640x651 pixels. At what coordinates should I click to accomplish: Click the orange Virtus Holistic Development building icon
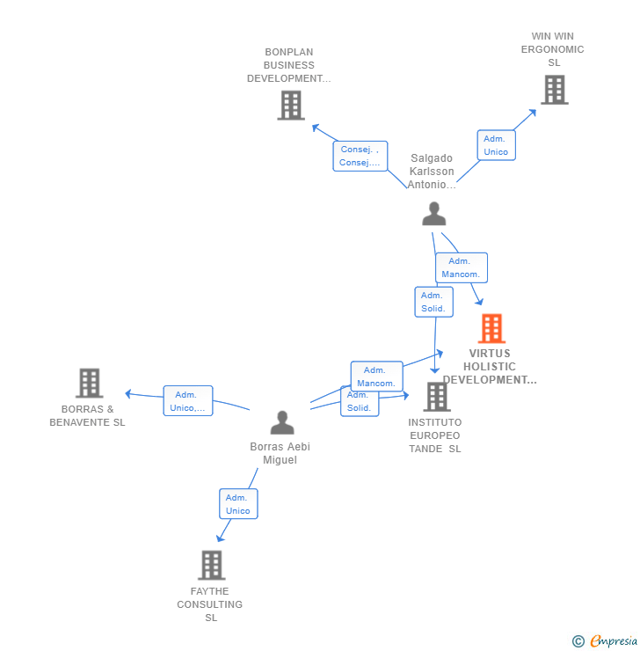tap(491, 329)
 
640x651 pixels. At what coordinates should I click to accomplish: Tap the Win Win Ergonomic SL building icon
tap(554, 90)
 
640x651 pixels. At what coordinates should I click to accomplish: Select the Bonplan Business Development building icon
tap(290, 106)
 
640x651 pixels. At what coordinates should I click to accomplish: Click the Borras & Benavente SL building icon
tap(89, 384)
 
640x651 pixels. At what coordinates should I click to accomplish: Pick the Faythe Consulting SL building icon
tap(211, 565)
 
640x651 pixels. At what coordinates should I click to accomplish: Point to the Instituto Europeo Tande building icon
tap(436, 397)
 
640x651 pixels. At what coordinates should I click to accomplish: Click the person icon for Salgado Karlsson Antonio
tap(433, 214)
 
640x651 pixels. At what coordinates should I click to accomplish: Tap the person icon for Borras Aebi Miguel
tap(281, 422)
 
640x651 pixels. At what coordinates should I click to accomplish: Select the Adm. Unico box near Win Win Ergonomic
tap(496, 145)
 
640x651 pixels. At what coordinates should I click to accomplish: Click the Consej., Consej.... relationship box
tap(360, 156)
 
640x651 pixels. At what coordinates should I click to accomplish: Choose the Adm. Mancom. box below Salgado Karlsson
tap(461, 267)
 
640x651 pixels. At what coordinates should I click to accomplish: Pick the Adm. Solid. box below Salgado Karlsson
tap(433, 302)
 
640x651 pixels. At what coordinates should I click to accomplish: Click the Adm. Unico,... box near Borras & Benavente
tap(187, 401)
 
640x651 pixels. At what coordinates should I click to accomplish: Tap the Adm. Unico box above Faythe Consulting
tap(237, 504)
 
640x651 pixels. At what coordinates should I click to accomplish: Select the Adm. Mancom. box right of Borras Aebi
tap(376, 377)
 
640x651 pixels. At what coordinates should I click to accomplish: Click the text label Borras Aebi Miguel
tap(280, 453)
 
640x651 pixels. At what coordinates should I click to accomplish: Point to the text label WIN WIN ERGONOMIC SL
tap(552, 49)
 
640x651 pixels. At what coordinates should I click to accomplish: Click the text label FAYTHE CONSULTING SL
tap(210, 604)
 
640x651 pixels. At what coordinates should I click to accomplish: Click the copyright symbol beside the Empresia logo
tap(578, 641)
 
